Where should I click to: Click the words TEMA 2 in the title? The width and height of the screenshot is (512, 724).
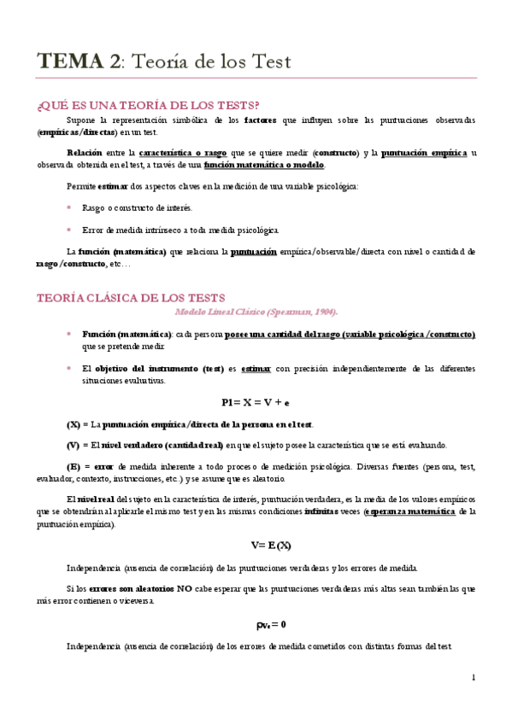[79, 61]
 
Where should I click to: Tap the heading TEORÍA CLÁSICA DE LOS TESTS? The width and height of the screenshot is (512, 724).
[130, 298]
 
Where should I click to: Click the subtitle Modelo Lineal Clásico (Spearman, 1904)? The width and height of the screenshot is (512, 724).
[256, 312]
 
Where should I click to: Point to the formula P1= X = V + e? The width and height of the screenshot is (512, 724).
[255, 401]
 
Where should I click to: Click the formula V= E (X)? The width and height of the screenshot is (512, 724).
[271, 545]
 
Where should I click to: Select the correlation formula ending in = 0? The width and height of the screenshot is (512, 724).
[270, 623]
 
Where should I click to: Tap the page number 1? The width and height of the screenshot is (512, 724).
[473, 677]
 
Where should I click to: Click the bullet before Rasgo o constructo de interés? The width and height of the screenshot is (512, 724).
[69, 207]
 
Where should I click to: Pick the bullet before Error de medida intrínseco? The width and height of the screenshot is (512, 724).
[69, 230]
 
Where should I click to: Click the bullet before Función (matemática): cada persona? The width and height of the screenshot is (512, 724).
[69, 334]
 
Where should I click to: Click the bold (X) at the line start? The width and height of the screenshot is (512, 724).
[74, 423]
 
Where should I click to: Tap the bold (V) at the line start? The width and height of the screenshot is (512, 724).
[74, 445]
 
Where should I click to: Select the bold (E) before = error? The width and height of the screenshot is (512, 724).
[74, 466]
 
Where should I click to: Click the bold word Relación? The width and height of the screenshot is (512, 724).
[84, 152]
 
